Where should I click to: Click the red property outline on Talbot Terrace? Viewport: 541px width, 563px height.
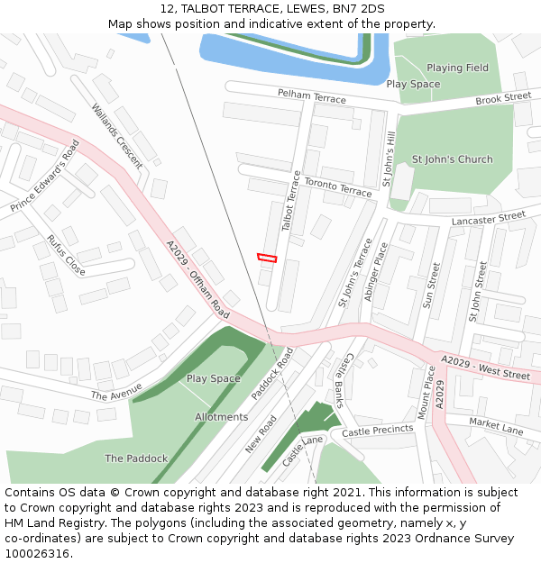click(x=266, y=258)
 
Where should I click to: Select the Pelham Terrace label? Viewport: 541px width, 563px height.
click(x=311, y=95)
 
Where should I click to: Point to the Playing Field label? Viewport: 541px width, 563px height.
click(x=457, y=68)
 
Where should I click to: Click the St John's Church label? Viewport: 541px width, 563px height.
click(x=452, y=159)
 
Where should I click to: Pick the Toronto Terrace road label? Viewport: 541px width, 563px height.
click(x=337, y=187)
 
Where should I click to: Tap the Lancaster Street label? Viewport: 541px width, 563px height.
click(x=489, y=217)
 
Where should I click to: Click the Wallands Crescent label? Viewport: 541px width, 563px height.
click(x=116, y=136)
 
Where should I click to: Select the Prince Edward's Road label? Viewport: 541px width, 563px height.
click(x=45, y=176)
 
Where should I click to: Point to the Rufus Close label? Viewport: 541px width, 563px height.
click(x=66, y=255)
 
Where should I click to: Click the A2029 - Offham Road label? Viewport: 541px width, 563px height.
click(x=197, y=277)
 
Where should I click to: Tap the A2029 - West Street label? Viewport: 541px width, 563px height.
click(x=485, y=368)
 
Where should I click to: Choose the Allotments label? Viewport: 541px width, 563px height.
click(x=221, y=417)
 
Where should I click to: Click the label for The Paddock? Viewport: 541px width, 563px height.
click(x=136, y=459)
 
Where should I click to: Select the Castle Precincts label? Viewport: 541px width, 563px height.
click(x=379, y=431)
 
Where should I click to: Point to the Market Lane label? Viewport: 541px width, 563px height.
click(x=496, y=426)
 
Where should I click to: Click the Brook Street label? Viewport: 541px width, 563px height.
click(x=503, y=97)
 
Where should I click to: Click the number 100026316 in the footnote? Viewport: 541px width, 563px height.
click(x=37, y=554)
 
